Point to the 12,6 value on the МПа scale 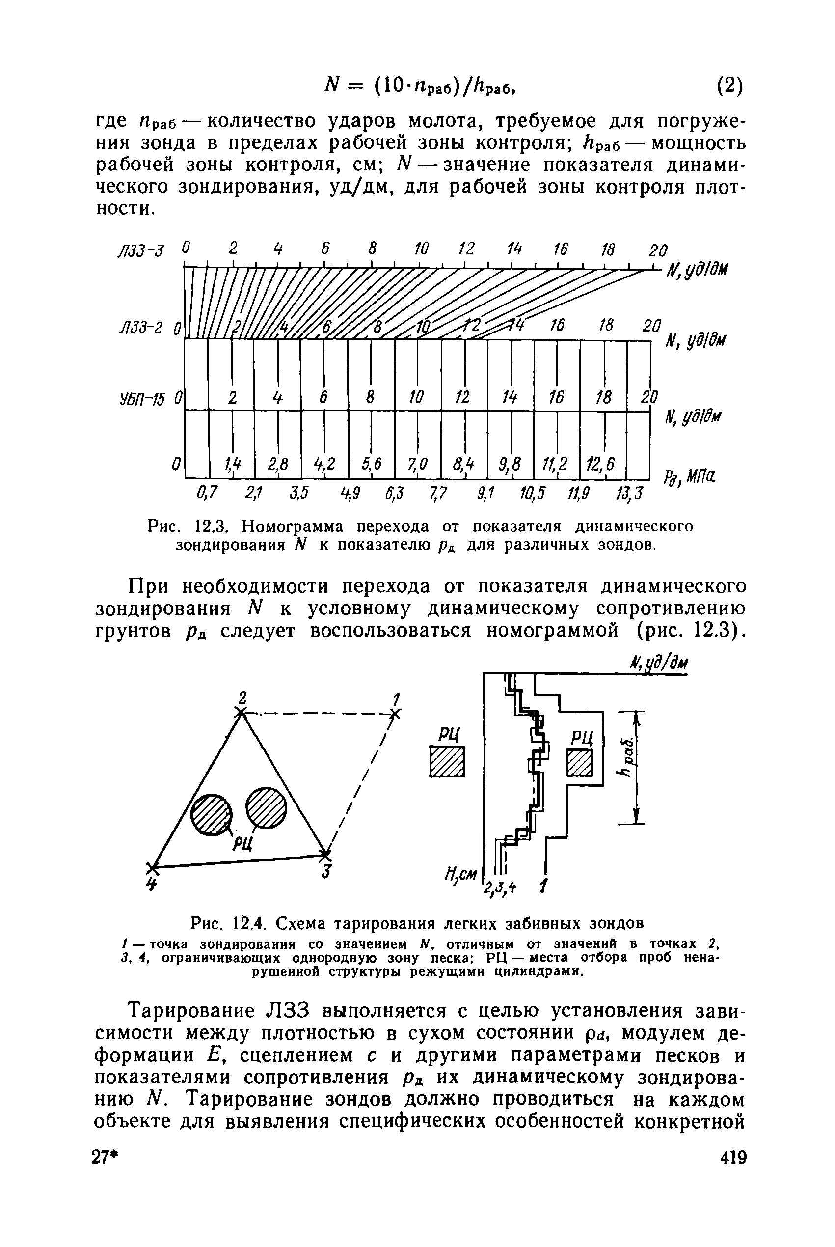coord(600,465)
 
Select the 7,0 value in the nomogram coord(418,465)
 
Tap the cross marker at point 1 coord(395,713)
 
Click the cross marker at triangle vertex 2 coord(242,712)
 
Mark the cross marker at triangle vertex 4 coord(153,867)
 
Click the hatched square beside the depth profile coord(447,762)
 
